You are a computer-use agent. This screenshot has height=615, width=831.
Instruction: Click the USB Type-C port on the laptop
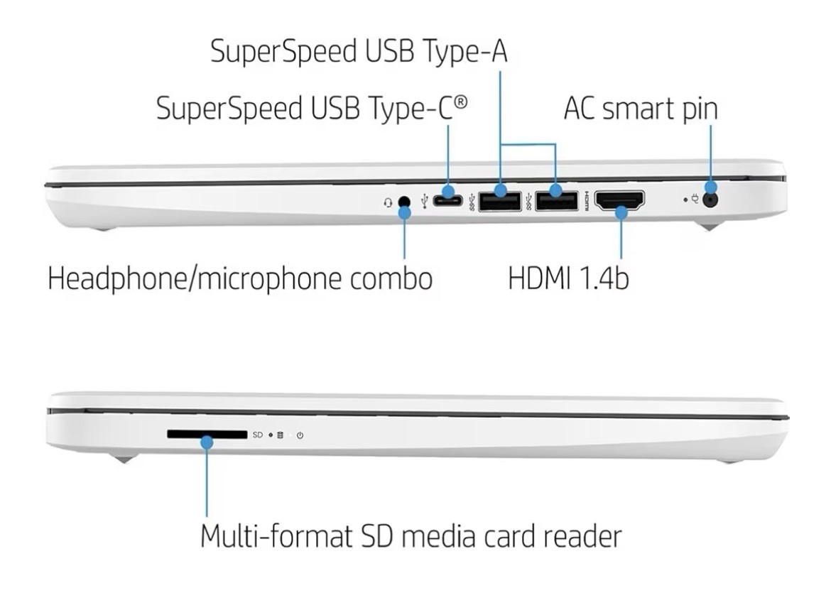[x=448, y=201]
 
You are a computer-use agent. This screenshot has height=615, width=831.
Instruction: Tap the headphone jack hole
[x=404, y=201]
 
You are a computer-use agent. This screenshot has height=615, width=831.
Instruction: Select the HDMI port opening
[x=619, y=200]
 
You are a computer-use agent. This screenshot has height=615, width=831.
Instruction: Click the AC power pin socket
[x=710, y=200]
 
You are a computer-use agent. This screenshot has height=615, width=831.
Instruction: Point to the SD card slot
[x=207, y=435]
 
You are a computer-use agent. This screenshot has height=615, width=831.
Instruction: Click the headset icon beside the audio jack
[x=388, y=202]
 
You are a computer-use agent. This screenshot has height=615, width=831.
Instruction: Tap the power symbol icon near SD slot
[x=300, y=435]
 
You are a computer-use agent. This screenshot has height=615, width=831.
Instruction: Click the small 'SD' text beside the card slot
[x=258, y=435]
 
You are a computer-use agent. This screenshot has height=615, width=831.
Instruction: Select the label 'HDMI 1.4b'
[x=568, y=278]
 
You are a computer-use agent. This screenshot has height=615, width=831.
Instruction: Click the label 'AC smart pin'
[x=641, y=109]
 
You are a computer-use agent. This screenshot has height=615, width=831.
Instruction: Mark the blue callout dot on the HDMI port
[x=621, y=212]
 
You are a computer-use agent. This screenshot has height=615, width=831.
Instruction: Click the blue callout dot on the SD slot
[x=207, y=442]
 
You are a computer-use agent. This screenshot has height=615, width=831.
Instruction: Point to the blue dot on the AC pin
[x=711, y=187]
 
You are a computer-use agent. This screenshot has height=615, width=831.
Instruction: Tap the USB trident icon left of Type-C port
[x=424, y=201]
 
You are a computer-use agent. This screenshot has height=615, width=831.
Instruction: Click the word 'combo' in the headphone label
[x=391, y=278]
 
